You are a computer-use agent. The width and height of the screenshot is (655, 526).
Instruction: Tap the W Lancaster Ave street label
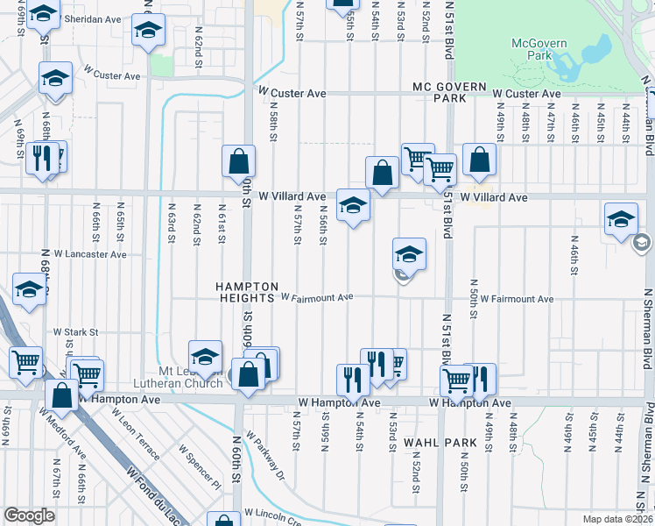point(95,255)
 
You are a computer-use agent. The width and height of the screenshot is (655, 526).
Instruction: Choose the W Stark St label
point(76,332)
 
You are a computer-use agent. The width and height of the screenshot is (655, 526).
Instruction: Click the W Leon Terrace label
point(140,439)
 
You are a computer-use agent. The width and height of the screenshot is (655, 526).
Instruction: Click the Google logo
point(29,515)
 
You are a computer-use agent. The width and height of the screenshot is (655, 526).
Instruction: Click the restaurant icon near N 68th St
point(41,157)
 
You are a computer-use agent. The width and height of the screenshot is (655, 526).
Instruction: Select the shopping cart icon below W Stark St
point(25,360)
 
